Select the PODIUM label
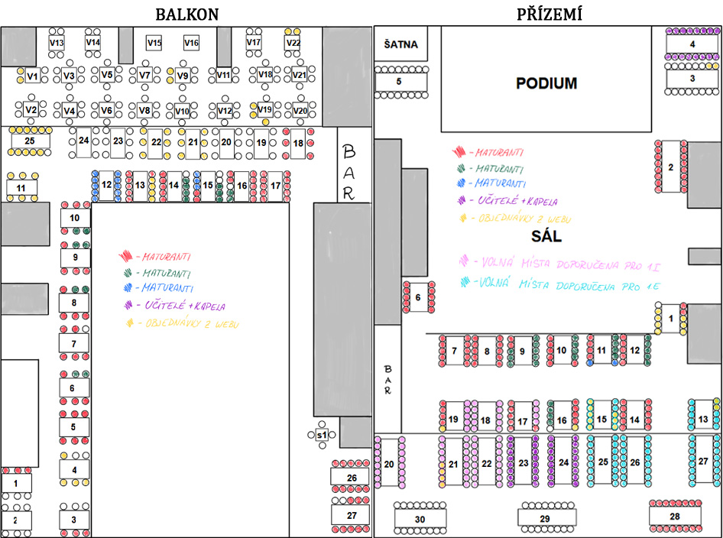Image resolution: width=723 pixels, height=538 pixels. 546,83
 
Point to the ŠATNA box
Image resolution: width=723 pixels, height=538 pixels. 400,44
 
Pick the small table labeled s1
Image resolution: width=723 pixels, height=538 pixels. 322,435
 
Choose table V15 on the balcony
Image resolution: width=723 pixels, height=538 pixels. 154,43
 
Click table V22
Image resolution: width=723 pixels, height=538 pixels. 293,43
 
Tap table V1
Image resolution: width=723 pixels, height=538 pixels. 32,76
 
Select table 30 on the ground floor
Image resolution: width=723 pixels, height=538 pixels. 420,519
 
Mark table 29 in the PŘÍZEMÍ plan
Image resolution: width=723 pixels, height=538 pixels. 544,519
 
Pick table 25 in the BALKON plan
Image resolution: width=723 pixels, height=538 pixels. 31,141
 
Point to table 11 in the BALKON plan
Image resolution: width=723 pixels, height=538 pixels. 21,186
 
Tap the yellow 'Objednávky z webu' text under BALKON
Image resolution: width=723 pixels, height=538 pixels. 183,323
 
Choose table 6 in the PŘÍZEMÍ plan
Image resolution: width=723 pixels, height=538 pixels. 418,297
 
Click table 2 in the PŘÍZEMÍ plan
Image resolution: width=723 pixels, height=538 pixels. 670,167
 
